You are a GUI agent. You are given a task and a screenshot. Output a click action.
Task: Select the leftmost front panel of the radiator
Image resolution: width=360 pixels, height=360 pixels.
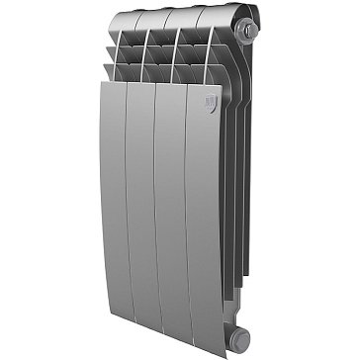point(111,198)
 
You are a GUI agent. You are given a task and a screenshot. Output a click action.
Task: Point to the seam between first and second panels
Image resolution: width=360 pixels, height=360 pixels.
point(127,198)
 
